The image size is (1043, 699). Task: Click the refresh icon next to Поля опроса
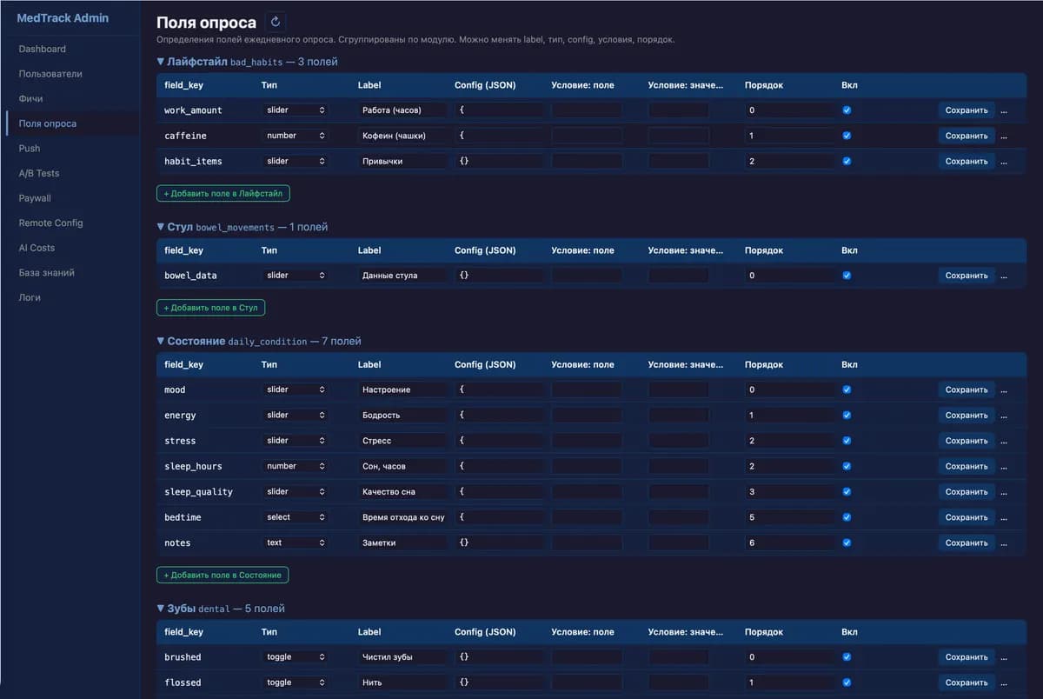pyautogui.click(x=276, y=22)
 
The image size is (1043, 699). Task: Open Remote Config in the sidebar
pyautogui.click(x=50, y=223)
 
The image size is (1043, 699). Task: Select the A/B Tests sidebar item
pyautogui.click(x=39, y=173)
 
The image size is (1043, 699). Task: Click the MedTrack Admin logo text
pyautogui.click(x=63, y=17)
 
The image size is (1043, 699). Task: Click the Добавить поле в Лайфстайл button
pyautogui.click(x=223, y=193)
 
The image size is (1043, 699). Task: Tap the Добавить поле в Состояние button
pyautogui.click(x=223, y=575)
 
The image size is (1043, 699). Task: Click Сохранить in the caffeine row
pyautogui.click(x=967, y=136)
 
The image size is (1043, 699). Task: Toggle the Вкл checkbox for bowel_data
pyautogui.click(x=847, y=276)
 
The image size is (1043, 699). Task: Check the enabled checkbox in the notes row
pyautogui.click(x=847, y=543)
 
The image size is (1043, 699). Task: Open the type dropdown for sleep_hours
pyautogui.click(x=295, y=466)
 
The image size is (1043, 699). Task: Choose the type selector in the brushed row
pyautogui.click(x=295, y=656)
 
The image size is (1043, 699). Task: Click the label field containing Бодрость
pyautogui.click(x=402, y=415)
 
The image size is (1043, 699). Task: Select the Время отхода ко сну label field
pyautogui.click(x=402, y=517)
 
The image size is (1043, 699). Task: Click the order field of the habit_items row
pyautogui.click(x=789, y=161)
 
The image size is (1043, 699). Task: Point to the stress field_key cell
pyautogui.click(x=180, y=441)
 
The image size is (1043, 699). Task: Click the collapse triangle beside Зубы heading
pyautogui.click(x=161, y=608)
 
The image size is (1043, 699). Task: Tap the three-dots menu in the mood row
pyautogui.click(x=1004, y=390)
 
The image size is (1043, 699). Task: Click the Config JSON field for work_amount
pyautogui.click(x=499, y=110)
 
